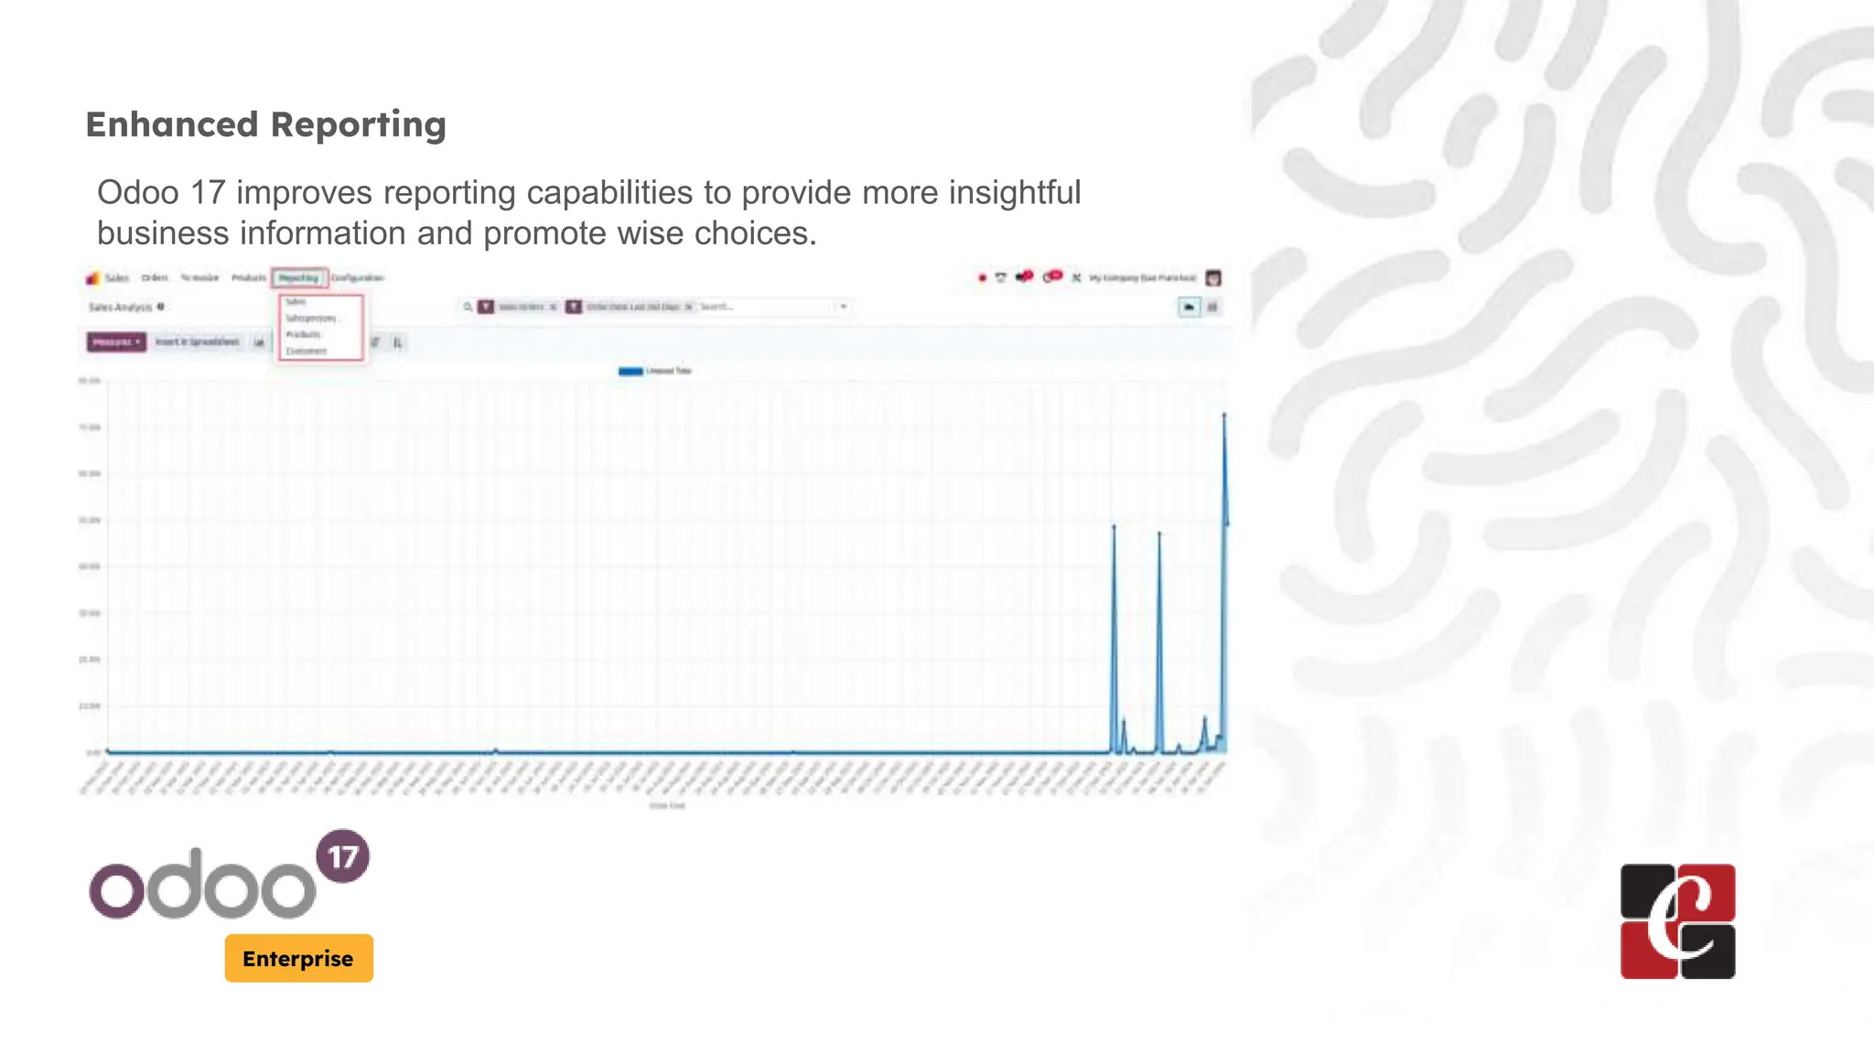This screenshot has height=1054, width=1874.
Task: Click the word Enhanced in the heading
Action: pyautogui.click(x=172, y=124)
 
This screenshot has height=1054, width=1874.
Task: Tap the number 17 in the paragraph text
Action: pyautogui.click(x=208, y=193)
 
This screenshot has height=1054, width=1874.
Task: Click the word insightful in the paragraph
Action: pyautogui.click(x=1015, y=193)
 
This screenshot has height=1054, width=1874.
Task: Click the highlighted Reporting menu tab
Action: pyautogui.click(x=298, y=278)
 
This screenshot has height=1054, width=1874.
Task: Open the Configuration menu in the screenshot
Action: pyautogui.click(x=357, y=278)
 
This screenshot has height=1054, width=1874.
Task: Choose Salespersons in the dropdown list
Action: pyautogui.click(x=311, y=318)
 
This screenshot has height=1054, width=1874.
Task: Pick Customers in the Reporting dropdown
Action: pyautogui.click(x=307, y=351)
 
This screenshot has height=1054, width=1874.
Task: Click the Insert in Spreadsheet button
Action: pyautogui.click(x=197, y=342)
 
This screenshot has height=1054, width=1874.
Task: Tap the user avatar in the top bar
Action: pyautogui.click(x=1213, y=278)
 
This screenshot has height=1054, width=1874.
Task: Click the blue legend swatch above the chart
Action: pyautogui.click(x=630, y=371)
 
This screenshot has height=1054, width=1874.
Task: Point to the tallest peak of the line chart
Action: pyautogui.click(x=1224, y=416)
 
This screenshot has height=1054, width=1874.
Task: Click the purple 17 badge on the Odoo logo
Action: pyautogui.click(x=343, y=856)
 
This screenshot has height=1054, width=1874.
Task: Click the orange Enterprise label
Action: pyautogui.click(x=298, y=959)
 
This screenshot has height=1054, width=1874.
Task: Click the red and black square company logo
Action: pyautogui.click(x=1677, y=921)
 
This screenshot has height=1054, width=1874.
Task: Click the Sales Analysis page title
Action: pyautogui.click(x=120, y=307)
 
